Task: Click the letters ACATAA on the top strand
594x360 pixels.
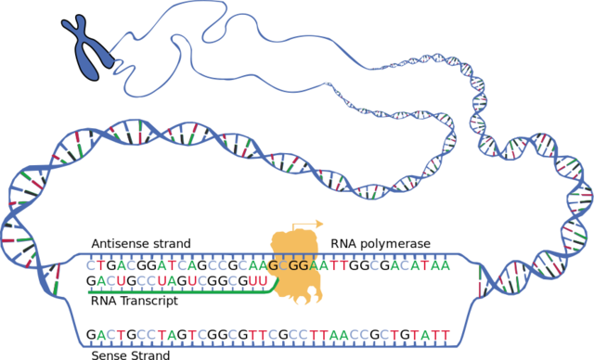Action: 420,266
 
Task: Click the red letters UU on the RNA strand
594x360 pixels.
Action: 258,280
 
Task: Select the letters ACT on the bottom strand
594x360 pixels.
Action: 111,334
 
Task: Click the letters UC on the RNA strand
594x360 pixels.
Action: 197,280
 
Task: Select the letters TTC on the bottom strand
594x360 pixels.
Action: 264,334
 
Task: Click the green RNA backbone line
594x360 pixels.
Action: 176,292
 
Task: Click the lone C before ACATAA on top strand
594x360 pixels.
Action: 374,266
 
